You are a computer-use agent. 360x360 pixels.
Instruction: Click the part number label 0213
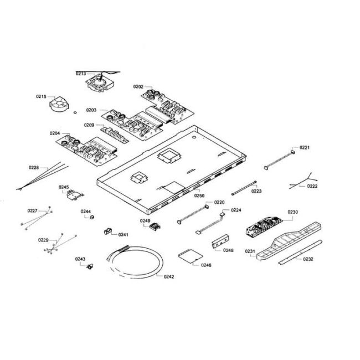[x=81, y=73]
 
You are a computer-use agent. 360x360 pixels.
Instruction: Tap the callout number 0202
[x=138, y=86]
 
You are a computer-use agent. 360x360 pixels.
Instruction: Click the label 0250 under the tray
[x=199, y=196]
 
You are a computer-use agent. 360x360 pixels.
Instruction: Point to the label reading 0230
[x=292, y=212]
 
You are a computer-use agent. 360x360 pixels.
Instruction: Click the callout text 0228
[x=34, y=167]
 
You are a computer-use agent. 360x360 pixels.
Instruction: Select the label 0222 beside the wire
[x=312, y=187]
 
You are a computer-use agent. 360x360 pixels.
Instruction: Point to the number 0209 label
[x=89, y=125]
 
